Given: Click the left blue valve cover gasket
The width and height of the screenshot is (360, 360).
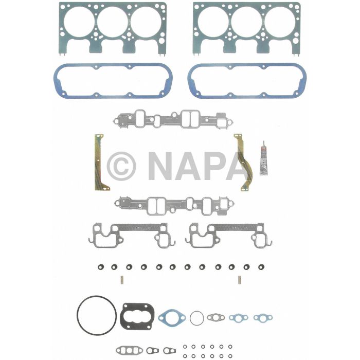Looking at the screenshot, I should pyautogui.click(x=113, y=81).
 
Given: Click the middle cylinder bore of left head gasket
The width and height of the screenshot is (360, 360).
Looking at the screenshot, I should pyautogui.click(x=113, y=24).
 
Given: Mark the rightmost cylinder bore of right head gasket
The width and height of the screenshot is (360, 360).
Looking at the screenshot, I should pyautogui.click(x=279, y=24).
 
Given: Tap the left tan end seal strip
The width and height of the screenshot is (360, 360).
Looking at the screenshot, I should pyautogui.click(x=99, y=163).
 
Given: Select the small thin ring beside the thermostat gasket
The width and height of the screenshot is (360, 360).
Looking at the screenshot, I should pyautogui.click(x=196, y=318).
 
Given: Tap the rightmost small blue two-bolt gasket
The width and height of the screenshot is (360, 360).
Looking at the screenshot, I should pyautogui.click(x=263, y=318).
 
